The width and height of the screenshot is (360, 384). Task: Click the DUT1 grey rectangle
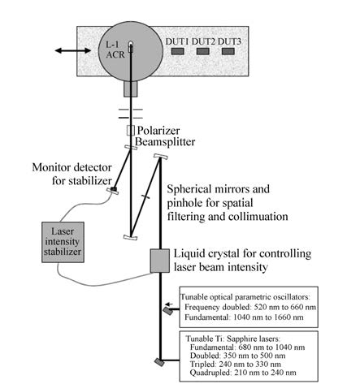178,51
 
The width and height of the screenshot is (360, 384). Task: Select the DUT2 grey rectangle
203,51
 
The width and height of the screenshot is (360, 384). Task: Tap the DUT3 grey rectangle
228,51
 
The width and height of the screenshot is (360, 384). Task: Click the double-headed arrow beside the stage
73,50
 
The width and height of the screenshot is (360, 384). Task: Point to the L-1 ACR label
115,50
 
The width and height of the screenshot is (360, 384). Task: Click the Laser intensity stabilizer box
63,242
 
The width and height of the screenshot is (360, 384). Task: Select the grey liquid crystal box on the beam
160,261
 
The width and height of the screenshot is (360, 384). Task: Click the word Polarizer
158,131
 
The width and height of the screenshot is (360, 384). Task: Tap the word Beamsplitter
165,141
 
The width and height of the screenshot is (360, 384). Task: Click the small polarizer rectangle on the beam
131,131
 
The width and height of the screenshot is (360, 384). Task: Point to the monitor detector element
113,190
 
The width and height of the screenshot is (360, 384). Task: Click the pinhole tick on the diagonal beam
145,196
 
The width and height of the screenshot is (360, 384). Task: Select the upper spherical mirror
161,157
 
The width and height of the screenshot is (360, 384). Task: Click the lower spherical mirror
131,237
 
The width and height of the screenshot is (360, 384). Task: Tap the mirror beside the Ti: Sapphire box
159,362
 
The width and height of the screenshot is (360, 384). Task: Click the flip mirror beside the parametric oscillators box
168,311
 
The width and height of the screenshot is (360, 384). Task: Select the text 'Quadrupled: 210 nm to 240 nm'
243,373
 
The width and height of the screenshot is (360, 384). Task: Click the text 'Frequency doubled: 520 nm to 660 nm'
250,307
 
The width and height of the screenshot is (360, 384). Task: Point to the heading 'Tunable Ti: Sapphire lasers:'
232,339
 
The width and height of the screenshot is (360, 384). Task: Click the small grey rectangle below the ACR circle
131,88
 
